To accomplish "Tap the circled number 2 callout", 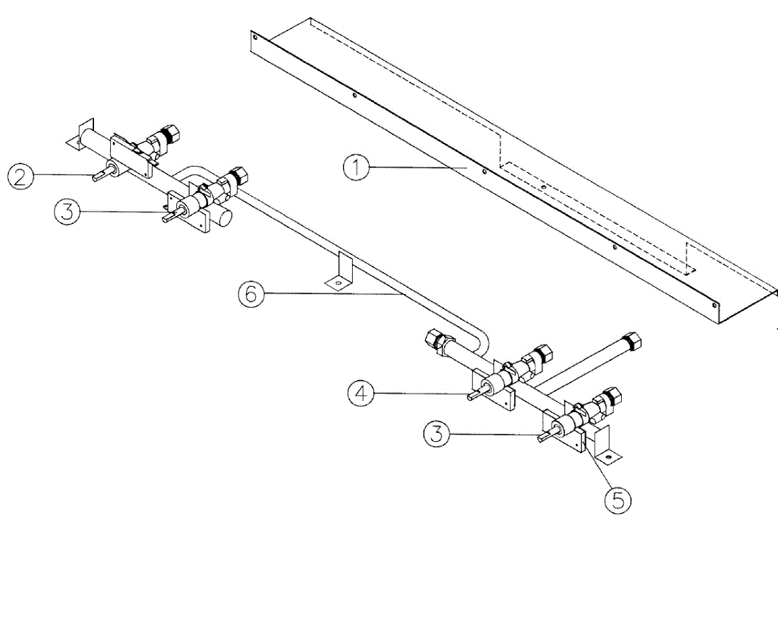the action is (21, 176).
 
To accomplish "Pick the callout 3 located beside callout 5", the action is (438, 433).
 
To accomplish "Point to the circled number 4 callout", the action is (361, 394).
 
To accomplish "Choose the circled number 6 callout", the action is (251, 294).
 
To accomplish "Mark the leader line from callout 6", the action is (331, 294).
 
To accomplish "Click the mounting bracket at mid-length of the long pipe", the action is (341, 272).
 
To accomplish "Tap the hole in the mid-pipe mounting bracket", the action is (336, 283).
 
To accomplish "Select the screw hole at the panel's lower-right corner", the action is (714, 304).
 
